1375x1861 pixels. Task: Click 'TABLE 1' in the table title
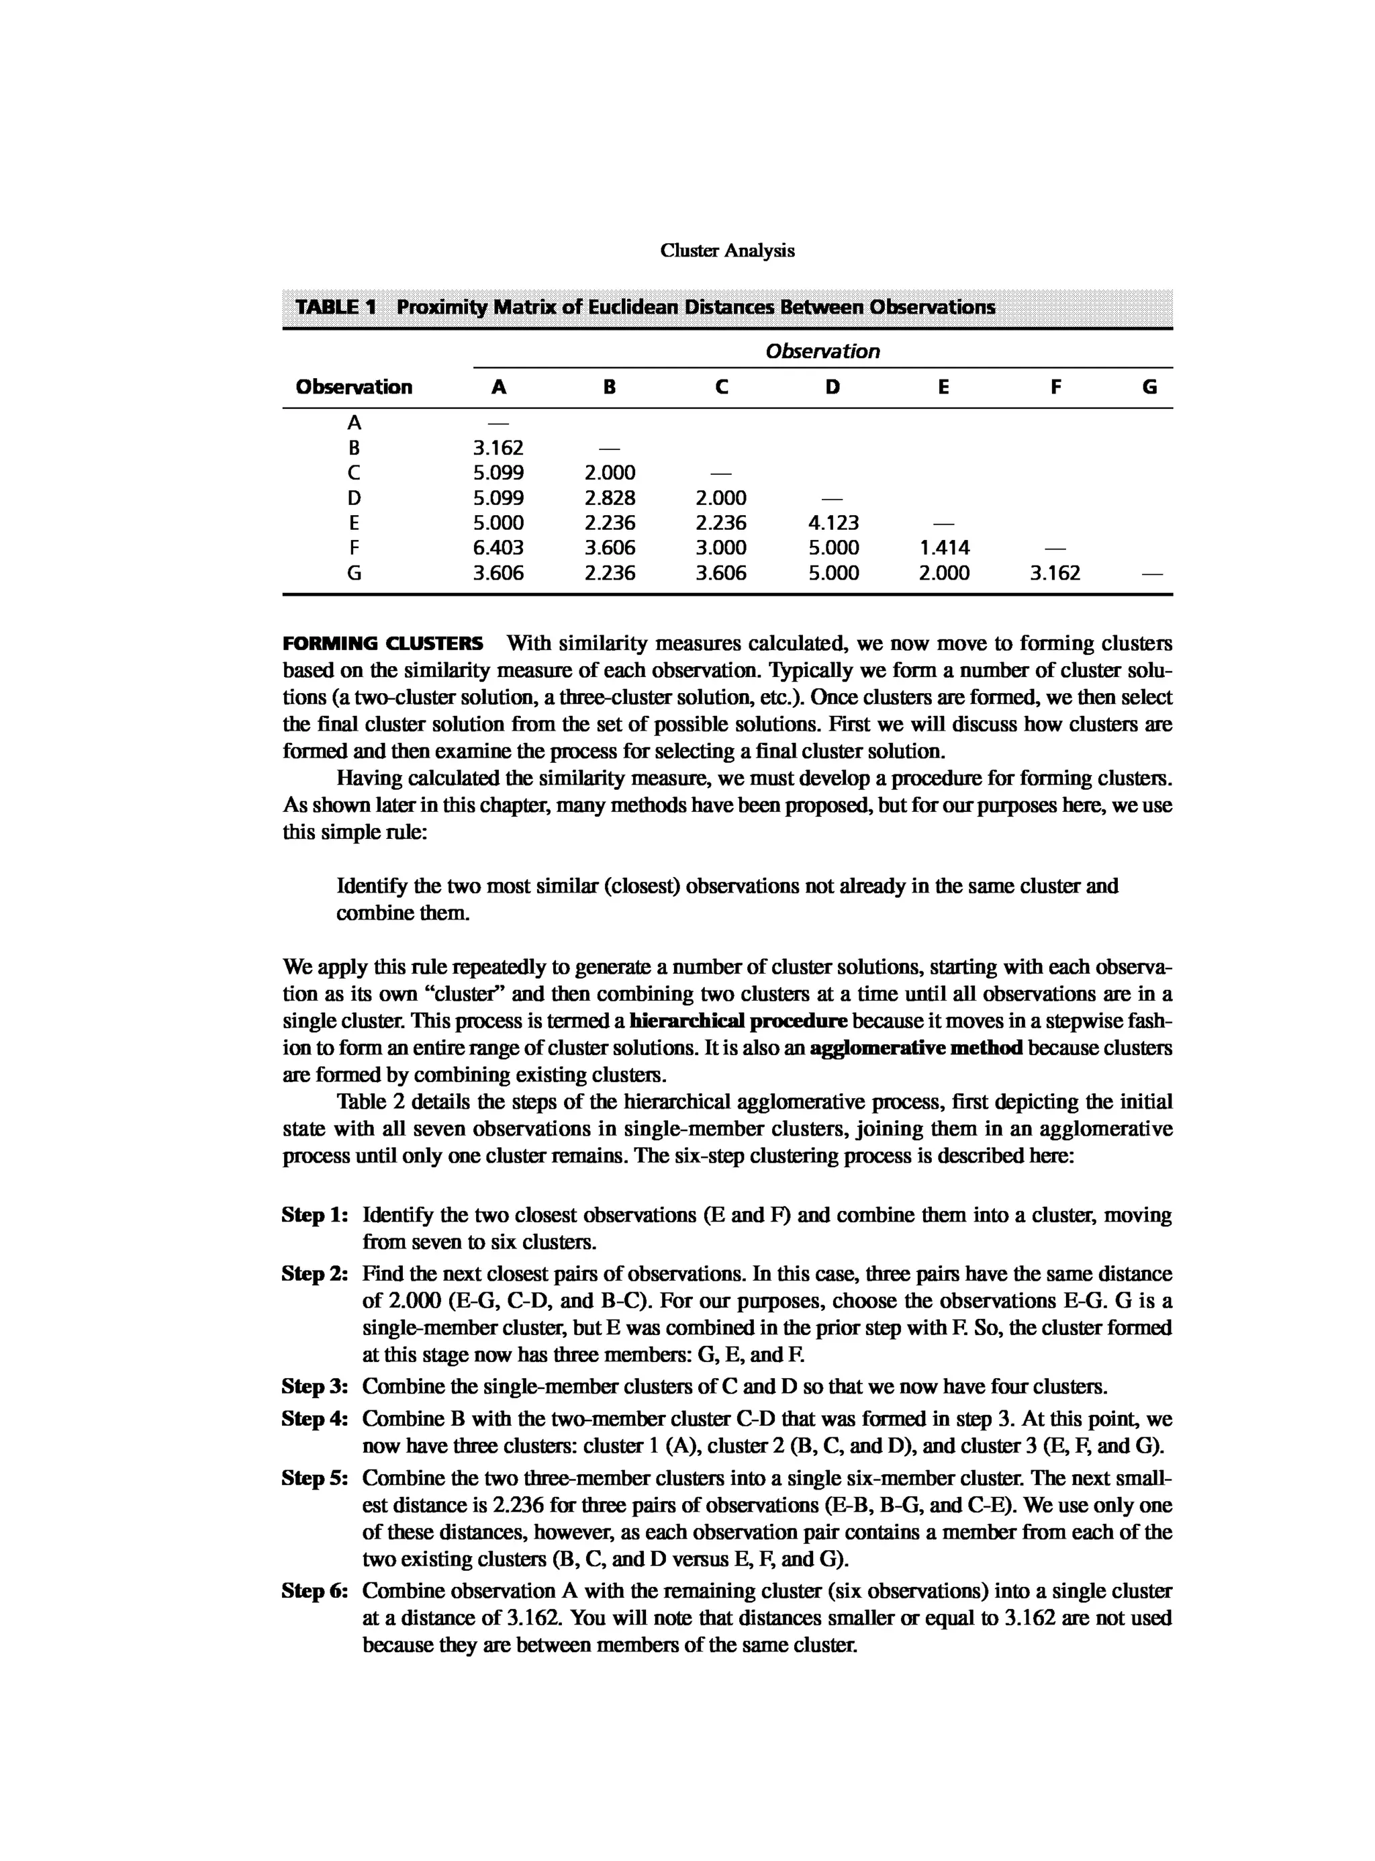tap(336, 307)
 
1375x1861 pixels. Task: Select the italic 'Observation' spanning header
tap(822, 351)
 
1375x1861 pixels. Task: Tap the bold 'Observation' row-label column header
tap(354, 388)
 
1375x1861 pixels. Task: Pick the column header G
tap(1149, 388)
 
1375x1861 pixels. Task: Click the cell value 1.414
tap(944, 548)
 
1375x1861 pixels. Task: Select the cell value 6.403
tap(497, 548)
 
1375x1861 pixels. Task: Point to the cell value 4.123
tap(833, 523)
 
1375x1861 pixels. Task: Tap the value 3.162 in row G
tap(1055, 573)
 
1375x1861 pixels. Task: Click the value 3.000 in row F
tap(721, 548)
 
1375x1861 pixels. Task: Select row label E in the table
tap(354, 523)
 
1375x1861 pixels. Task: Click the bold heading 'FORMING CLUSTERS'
tap(383, 643)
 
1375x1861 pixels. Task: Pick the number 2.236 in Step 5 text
tap(520, 1506)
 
